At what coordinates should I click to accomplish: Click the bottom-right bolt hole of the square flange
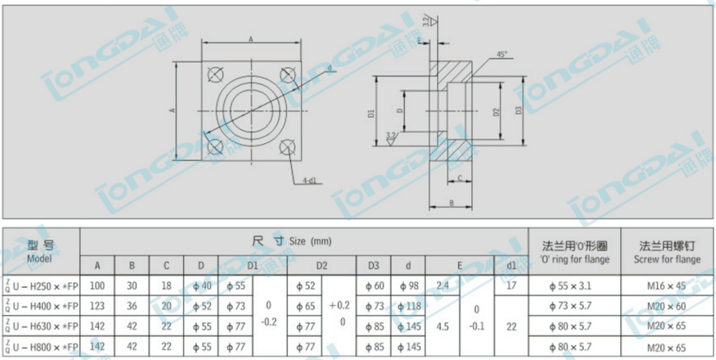click(x=288, y=147)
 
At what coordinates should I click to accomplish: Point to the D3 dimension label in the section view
click(x=517, y=110)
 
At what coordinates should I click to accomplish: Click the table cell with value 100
click(x=97, y=286)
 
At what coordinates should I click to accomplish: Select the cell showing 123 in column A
click(x=97, y=306)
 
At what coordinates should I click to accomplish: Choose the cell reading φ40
click(x=200, y=286)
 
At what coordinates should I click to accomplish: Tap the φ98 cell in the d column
click(x=407, y=286)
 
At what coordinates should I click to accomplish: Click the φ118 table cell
click(x=407, y=306)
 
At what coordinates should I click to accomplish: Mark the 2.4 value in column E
click(x=442, y=286)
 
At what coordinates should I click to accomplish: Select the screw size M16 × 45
click(x=667, y=286)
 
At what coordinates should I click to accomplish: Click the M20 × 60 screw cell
click(x=667, y=306)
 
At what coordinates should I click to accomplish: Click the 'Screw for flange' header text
click(x=667, y=259)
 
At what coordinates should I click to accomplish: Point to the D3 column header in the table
click(x=373, y=266)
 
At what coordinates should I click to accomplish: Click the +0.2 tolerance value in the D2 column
click(x=342, y=306)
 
